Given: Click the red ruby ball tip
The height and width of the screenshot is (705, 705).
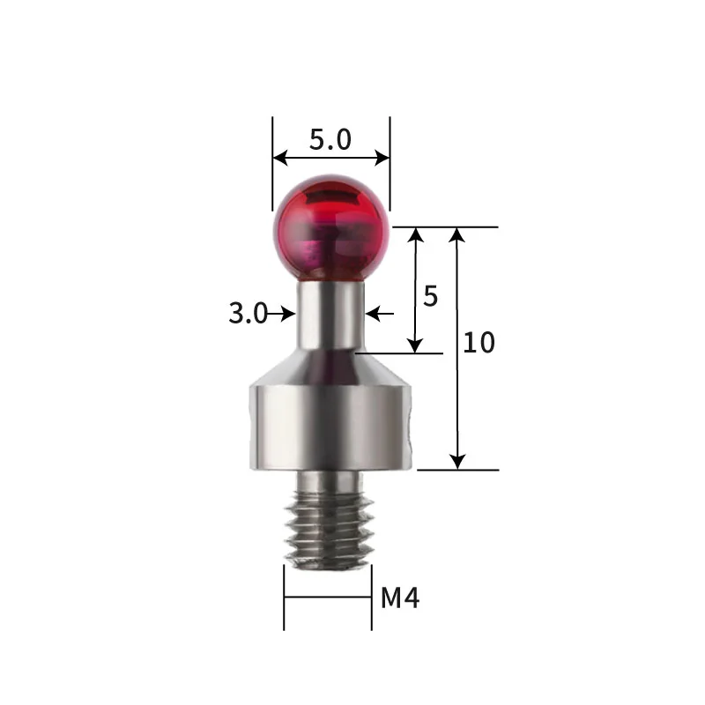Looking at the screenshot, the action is (x=331, y=228).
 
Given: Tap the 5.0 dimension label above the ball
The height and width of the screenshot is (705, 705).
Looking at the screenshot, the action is (x=330, y=139).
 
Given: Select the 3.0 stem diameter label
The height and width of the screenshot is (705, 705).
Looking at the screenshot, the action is (x=248, y=314).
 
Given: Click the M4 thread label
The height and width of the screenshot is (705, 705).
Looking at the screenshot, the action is (x=400, y=598).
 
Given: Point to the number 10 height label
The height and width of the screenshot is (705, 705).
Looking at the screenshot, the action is (x=479, y=343).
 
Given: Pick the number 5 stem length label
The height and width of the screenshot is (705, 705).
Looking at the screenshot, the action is (x=430, y=296).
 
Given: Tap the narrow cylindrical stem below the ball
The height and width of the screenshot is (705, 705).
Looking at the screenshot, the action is (x=330, y=315).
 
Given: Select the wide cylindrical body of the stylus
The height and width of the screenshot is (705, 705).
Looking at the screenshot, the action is (x=331, y=427).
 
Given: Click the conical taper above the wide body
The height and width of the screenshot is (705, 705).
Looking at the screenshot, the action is (x=331, y=367).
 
